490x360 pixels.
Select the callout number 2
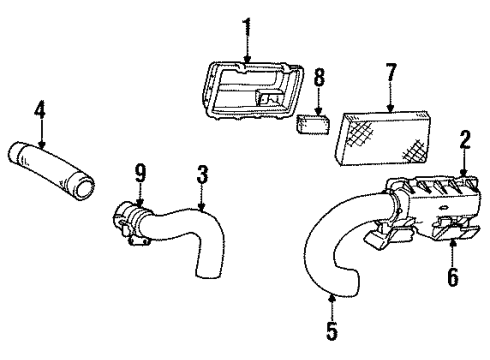pos(463,141)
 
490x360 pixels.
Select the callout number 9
pos(141,174)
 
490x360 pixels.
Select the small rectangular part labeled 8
pos(314,125)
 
